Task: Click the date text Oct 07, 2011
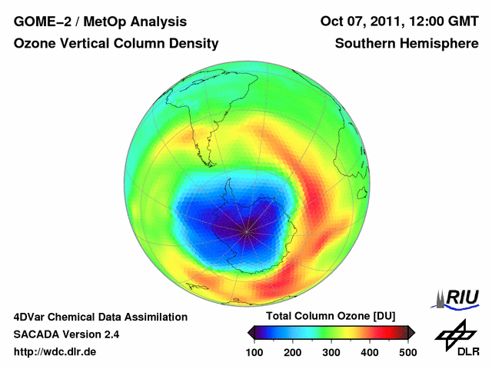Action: pyautogui.click(x=362, y=22)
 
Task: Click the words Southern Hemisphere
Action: pyautogui.click(x=407, y=44)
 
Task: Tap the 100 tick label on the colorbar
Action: pyautogui.click(x=255, y=351)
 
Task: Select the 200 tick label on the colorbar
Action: pyautogui.click(x=293, y=351)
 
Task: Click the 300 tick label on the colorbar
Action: pyautogui.click(x=331, y=351)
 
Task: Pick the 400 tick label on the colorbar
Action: pyautogui.click(x=369, y=351)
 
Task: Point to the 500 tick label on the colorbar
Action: pyautogui.click(x=407, y=351)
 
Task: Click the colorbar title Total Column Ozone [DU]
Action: pyautogui.click(x=331, y=317)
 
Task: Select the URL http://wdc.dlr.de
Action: pyautogui.click(x=55, y=352)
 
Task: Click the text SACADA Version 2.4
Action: pyautogui.click(x=66, y=334)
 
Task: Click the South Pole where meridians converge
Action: pyautogui.click(x=247, y=228)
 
